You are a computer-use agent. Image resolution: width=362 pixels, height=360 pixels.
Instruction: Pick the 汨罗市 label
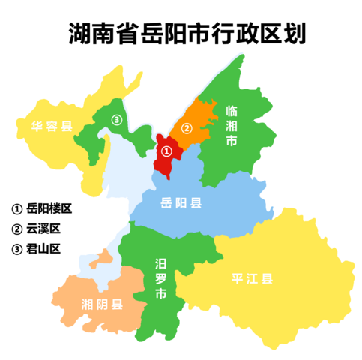click(160, 278)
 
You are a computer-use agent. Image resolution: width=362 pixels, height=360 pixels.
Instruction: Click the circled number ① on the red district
click(168, 151)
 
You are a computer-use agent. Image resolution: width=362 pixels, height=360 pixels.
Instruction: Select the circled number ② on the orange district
click(187, 126)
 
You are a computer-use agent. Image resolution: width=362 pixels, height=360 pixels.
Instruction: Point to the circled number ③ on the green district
click(116, 119)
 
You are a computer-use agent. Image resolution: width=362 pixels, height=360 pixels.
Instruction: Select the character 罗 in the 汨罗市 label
click(160, 278)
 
